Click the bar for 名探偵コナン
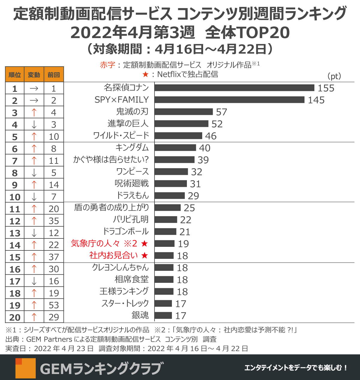pyautogui.click(x=234, y=88)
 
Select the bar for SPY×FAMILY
pyautogui.click(x=229, y=100)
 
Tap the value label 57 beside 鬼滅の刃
pyautogui.click(x=221, y=112)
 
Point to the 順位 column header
pyautogui.click(x=15, y=75)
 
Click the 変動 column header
pyautogui.click(x=34, y=75)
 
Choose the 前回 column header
pyautogui.click(x=54, y=75)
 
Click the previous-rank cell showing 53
pyautogui.click(x=54, y=305)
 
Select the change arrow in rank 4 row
pyautogui.click(x=34, y=124)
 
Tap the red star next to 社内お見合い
pyautogui.click(x=145, y=256)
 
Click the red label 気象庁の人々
pyautogui.click(x=95, y=243)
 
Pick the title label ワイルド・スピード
pyautogui.click(x=121, y=136)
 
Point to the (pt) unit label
pyautogui.click(x=334, y=76)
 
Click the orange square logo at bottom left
pyautogui.click(x=25, y=368)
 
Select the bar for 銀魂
pyautogui.click(x=163, y=316)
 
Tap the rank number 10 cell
pyautogui.click(x=15, y=197)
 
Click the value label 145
pyautogui.click(x=316, y=100)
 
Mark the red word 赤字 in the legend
pyautogui.click(x=107, y=65)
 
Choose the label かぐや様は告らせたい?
pyautogui.click(x=111, y=160)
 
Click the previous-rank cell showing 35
pyautogui.click(x=54, y=221)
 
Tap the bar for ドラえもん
pyautogui.click(x=169, y=196)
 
